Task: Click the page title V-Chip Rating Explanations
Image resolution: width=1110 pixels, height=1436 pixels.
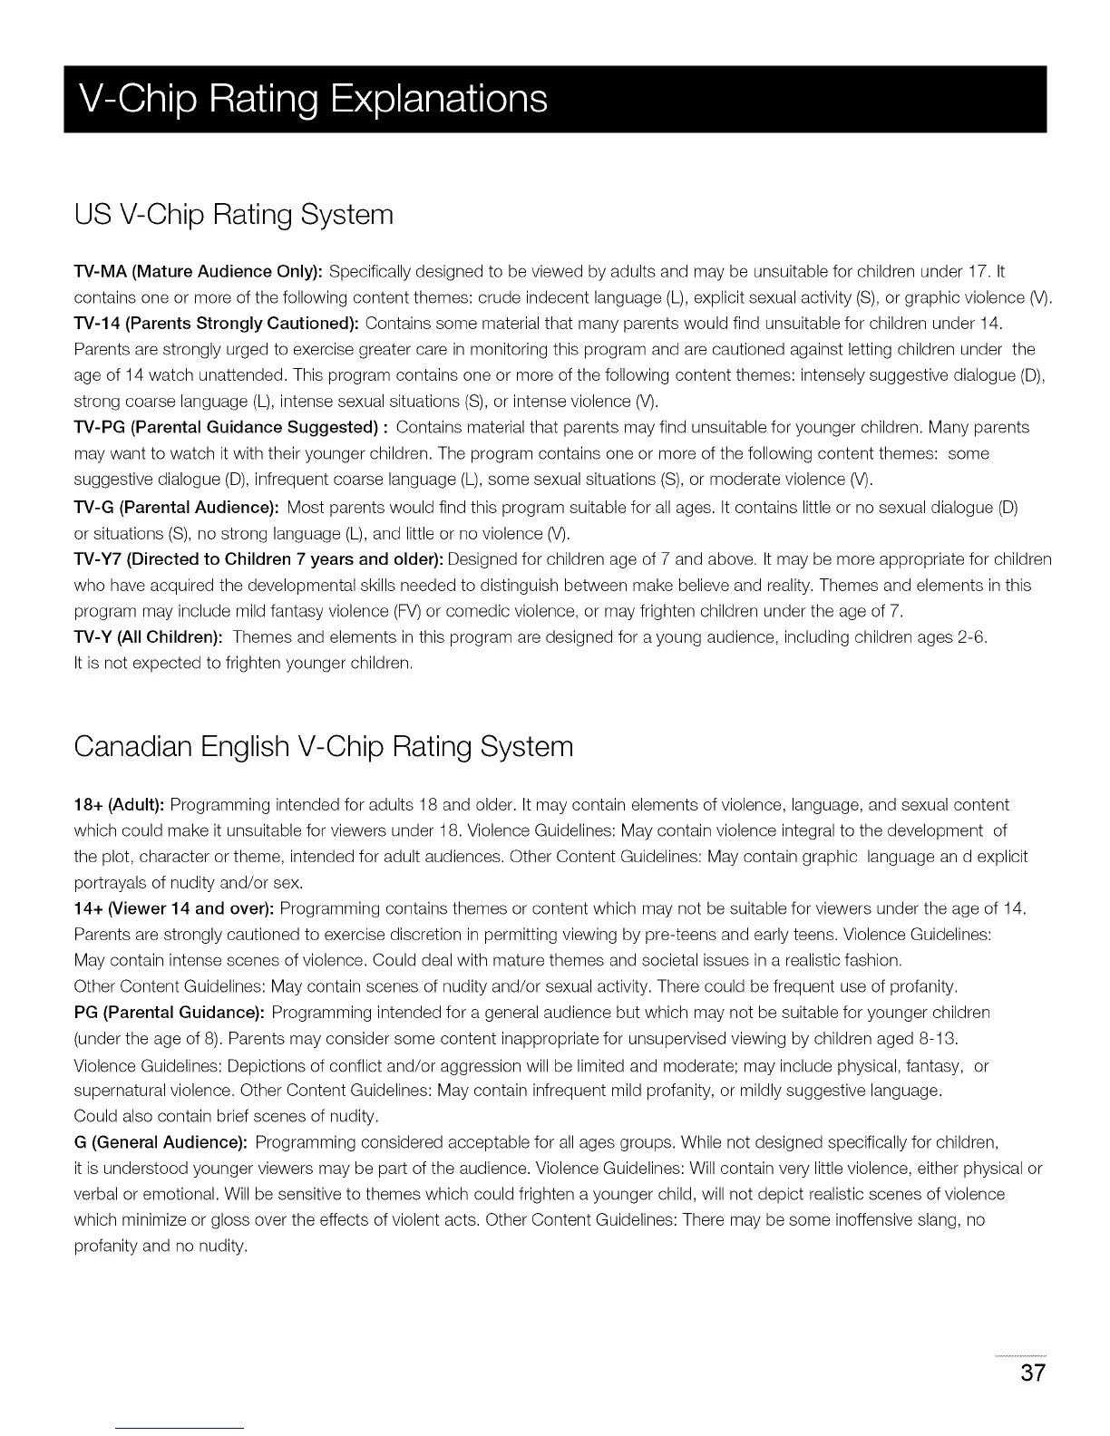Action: [x=313, y=99]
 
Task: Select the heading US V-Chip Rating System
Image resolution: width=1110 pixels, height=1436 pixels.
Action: [x=234, y=215]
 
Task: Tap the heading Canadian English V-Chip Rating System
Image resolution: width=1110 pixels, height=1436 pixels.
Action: [x=324, y=747]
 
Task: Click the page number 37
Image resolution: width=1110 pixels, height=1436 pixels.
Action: [x=1032, y=1373]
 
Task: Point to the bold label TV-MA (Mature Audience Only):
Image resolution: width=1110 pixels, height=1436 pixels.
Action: [x=198, y=271]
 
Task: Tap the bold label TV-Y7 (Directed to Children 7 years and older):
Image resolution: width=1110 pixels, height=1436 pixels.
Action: [x=258, y=558]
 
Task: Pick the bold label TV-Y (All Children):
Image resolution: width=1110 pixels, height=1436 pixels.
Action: [x=149, y=637]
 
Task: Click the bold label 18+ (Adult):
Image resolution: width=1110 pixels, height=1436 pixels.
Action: [x=118, y=805]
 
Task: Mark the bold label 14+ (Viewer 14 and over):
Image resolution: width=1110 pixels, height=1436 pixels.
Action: [x=174, y=908]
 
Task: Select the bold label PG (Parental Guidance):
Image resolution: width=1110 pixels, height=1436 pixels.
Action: [x=169, y=1012]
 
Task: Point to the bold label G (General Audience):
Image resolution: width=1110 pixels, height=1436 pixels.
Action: [x=161, y=1141]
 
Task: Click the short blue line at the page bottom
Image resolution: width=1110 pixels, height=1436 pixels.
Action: [x=180, y=1429]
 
